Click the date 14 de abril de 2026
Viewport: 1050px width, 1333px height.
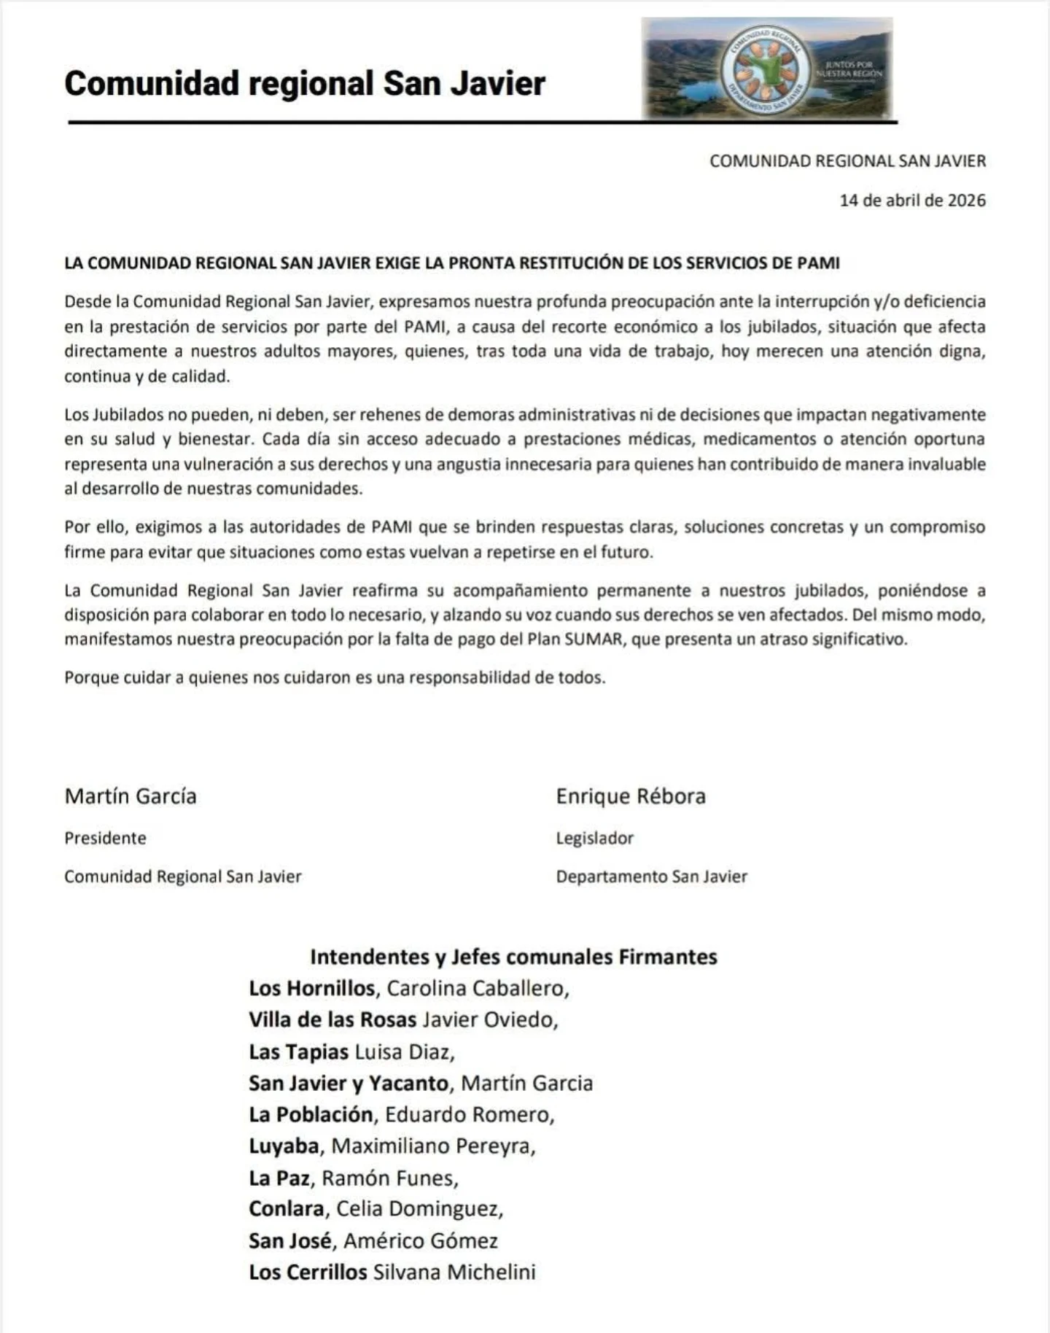pos(912,201)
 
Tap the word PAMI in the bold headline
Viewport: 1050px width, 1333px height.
pos(819,263)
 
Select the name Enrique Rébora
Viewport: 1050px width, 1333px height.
pos(631,796)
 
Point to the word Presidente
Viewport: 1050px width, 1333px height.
pos(105,838)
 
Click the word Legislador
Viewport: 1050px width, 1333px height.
pos(594,838)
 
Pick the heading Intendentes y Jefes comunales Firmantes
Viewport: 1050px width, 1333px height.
pos(513,956)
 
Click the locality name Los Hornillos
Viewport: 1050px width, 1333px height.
pos(311,988)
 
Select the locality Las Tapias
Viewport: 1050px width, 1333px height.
pos(298,1052)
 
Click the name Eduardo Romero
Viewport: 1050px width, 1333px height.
pos(467,1114)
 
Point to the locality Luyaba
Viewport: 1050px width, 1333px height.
pos(284,1146)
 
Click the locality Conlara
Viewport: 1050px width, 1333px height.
pos(287,1209)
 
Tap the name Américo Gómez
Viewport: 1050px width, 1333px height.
pos(421,1240)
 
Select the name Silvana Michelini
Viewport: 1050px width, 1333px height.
pos(454,1272)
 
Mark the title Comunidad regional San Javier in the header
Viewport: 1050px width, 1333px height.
pos(305,83)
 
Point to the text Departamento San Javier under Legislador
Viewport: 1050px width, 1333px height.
pos(651,877)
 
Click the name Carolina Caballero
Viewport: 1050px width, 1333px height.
pos(475,988)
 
